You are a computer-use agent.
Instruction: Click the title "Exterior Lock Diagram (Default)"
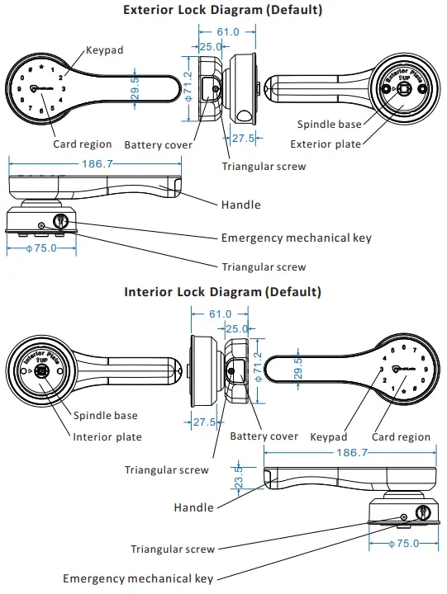tap(222, 11)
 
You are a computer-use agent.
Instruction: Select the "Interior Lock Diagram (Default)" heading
tap(222, 292)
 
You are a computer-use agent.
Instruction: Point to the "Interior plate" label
tap(107, 436)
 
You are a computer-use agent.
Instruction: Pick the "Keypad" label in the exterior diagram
tap(105, 50)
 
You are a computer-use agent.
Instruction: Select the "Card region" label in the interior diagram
tap(402, 436)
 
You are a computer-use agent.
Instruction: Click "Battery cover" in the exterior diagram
tap(158, 145)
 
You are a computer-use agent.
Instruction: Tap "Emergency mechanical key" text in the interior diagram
tap(138, 579)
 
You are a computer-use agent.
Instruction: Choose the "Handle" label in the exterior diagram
tap(240, 205)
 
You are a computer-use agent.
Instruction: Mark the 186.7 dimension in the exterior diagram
tap(97, 164)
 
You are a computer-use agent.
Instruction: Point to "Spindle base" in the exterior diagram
tap(329, 125)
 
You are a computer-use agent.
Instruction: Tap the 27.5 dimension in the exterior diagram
tap(242, 138)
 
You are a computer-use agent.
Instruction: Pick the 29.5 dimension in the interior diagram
tap(298, 369)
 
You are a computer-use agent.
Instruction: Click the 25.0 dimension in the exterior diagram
tap(210, 47)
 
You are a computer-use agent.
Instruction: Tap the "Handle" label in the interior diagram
tap(193, 507)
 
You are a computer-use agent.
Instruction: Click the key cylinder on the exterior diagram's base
tap(62, 221)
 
